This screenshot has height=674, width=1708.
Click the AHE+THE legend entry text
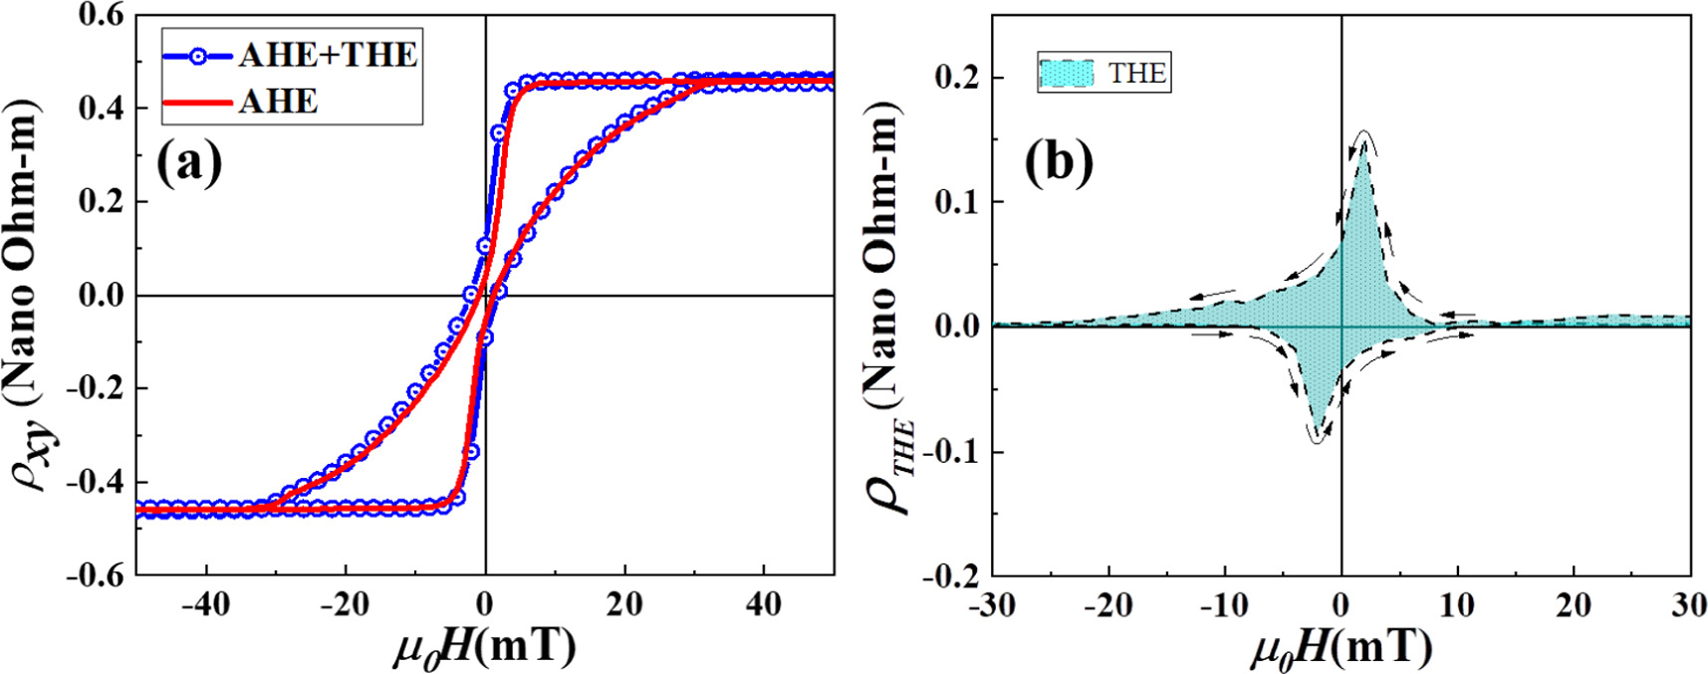(x=328, y=55)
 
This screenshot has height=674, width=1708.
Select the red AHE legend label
(x=278, y=102)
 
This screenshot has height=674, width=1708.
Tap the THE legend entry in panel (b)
(x=1136, y=73)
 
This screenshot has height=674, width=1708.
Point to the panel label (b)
(x=1058, y=162)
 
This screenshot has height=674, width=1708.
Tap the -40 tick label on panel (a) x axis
(x=206, y=604)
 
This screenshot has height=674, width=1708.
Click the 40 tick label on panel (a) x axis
(x=764, y=604)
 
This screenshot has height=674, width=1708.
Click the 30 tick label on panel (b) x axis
(x=1689, y=604)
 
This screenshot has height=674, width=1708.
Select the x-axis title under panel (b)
(x=1341, y=648)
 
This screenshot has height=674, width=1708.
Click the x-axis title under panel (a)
(x=484, y=648)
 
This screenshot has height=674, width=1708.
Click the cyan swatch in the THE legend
(x=1066, y=73)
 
